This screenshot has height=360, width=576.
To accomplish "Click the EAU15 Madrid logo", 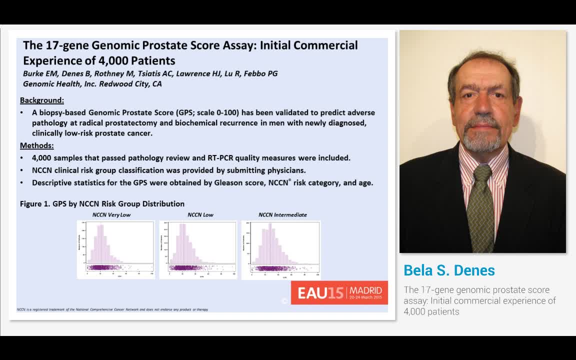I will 339,292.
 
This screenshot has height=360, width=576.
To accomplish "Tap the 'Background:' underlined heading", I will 42,100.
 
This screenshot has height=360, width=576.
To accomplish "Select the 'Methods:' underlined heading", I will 37,145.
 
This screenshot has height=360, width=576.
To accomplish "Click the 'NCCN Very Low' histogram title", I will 111,215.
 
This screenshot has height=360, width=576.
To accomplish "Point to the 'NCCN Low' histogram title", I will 200,215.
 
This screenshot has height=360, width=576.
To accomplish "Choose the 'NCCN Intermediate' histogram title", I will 282,215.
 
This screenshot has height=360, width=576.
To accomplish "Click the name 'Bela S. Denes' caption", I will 449,270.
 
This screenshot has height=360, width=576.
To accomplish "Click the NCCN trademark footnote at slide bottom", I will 112,309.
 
